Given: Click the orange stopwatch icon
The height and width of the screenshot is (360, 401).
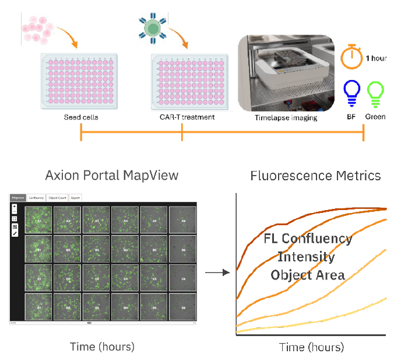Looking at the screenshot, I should click(351, 57).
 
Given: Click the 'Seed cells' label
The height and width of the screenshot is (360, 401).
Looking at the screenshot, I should click(81, 117).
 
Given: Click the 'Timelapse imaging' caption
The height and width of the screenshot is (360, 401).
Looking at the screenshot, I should click(286, 117).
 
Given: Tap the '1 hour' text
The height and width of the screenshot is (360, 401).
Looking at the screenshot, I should click(376, 58).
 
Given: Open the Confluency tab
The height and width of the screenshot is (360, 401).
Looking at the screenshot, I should click(36, 198).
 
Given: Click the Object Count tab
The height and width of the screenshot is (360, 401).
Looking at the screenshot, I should click(57, 198).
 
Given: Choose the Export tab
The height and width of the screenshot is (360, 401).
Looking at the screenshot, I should click(76, 198).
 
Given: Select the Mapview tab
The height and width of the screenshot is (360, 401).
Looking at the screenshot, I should click(17, 198).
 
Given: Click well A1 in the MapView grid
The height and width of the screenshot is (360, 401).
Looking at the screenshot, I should click(39, 220).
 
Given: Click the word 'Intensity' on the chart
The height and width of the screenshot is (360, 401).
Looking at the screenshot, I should click(306, 257).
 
